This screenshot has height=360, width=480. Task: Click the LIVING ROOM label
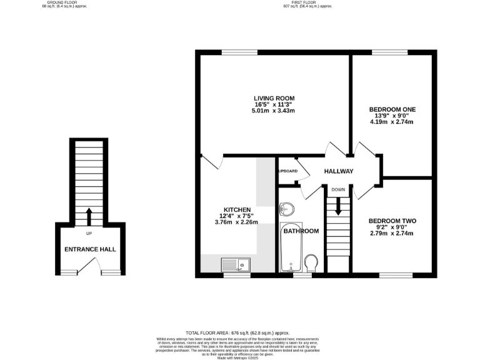pyautogui.click(x=274, y=98)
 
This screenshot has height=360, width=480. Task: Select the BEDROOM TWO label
pyautogui.click(x=392, y=221)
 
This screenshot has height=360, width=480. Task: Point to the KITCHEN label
pyautogui.click(x=237, y=209)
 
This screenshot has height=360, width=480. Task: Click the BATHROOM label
pyautogui.click(x=301, y=231)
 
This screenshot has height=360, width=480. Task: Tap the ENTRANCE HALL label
pyautogui.click(x=90, y=249)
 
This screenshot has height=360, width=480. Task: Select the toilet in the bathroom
pyautogui.click(x=311, y=262)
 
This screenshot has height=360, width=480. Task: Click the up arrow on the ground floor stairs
pyautogui.click(x=88, y=216)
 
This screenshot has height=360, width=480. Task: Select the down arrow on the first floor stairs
pyautogui.click(x=338, y=206)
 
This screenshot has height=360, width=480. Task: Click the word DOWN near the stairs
pyautogui.click(x=338, y=189)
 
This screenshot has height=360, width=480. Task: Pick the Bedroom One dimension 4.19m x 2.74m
pyautogui.click(x=392, y=122)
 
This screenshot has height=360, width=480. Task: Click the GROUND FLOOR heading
pyautogui.click(x=62, y=2)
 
